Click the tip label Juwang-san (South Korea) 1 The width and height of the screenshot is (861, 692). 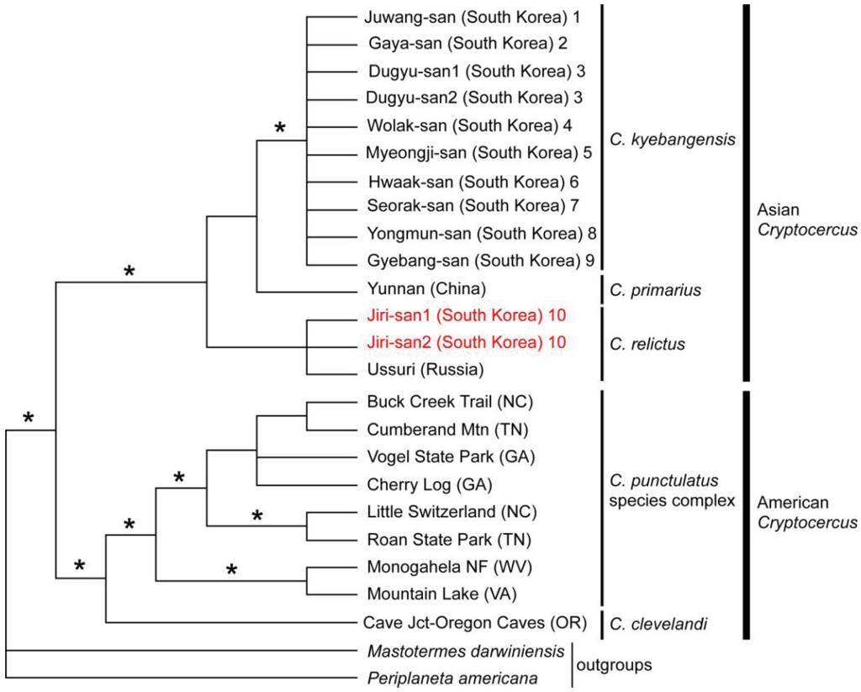coord(473,16)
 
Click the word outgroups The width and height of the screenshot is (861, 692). coord(614,664)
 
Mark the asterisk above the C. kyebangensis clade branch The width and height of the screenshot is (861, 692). coord(281,129)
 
